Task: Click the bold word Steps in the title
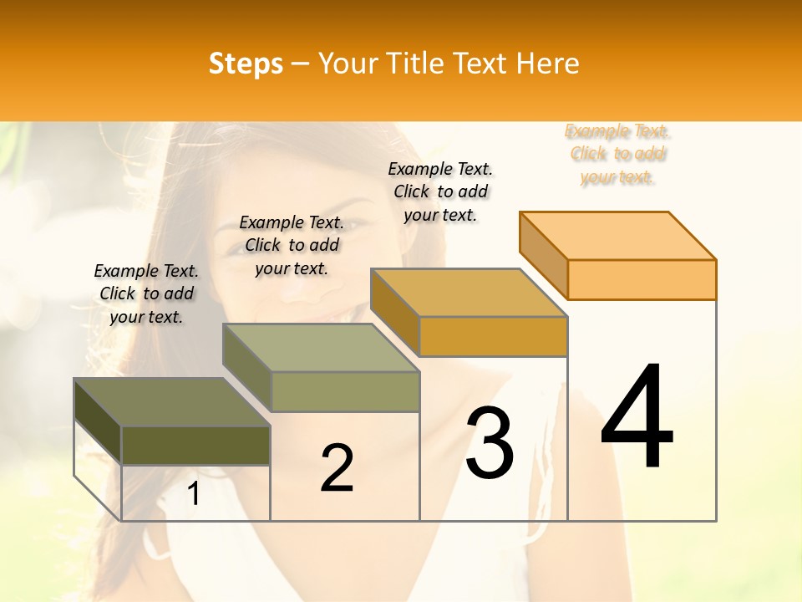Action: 246,64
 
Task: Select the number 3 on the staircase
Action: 490,442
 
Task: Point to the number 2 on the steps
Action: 337,468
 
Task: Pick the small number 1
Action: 194,494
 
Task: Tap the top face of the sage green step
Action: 321,348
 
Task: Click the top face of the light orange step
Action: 618,236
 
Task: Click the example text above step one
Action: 146,293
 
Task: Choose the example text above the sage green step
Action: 292,245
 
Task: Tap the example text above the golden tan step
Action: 440,191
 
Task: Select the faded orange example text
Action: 617,154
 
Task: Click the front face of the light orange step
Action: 642,279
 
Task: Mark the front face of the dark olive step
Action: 195,445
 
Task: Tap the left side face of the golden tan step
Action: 394,304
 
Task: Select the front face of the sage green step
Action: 345,391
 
